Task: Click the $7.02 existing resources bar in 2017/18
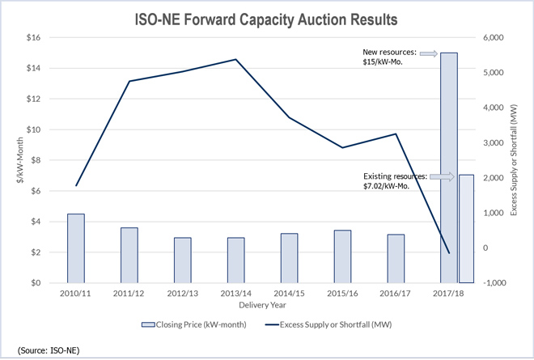[466, 227]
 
